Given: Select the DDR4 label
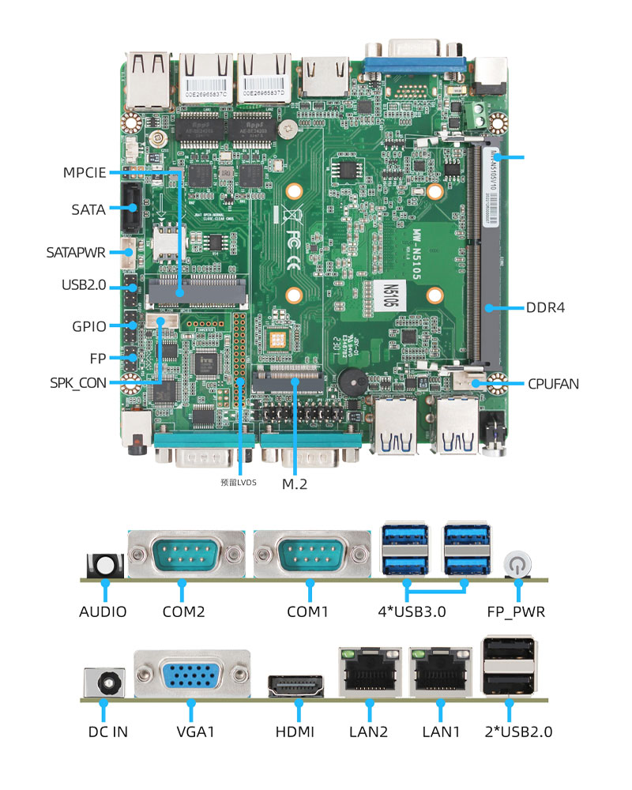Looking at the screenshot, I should (x=545, y=307).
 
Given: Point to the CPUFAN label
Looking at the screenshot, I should (x=553, y=384).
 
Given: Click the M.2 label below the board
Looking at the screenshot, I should (x=294, y=483).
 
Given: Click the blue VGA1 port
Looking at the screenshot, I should (x=191, y=675).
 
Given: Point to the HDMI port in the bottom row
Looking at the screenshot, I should (x=295, y=685).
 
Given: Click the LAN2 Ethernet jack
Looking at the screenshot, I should (x=368, y=674).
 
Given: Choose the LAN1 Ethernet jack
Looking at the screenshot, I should (x=440, y=674).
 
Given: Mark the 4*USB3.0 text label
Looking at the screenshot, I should (x=412, y=611).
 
